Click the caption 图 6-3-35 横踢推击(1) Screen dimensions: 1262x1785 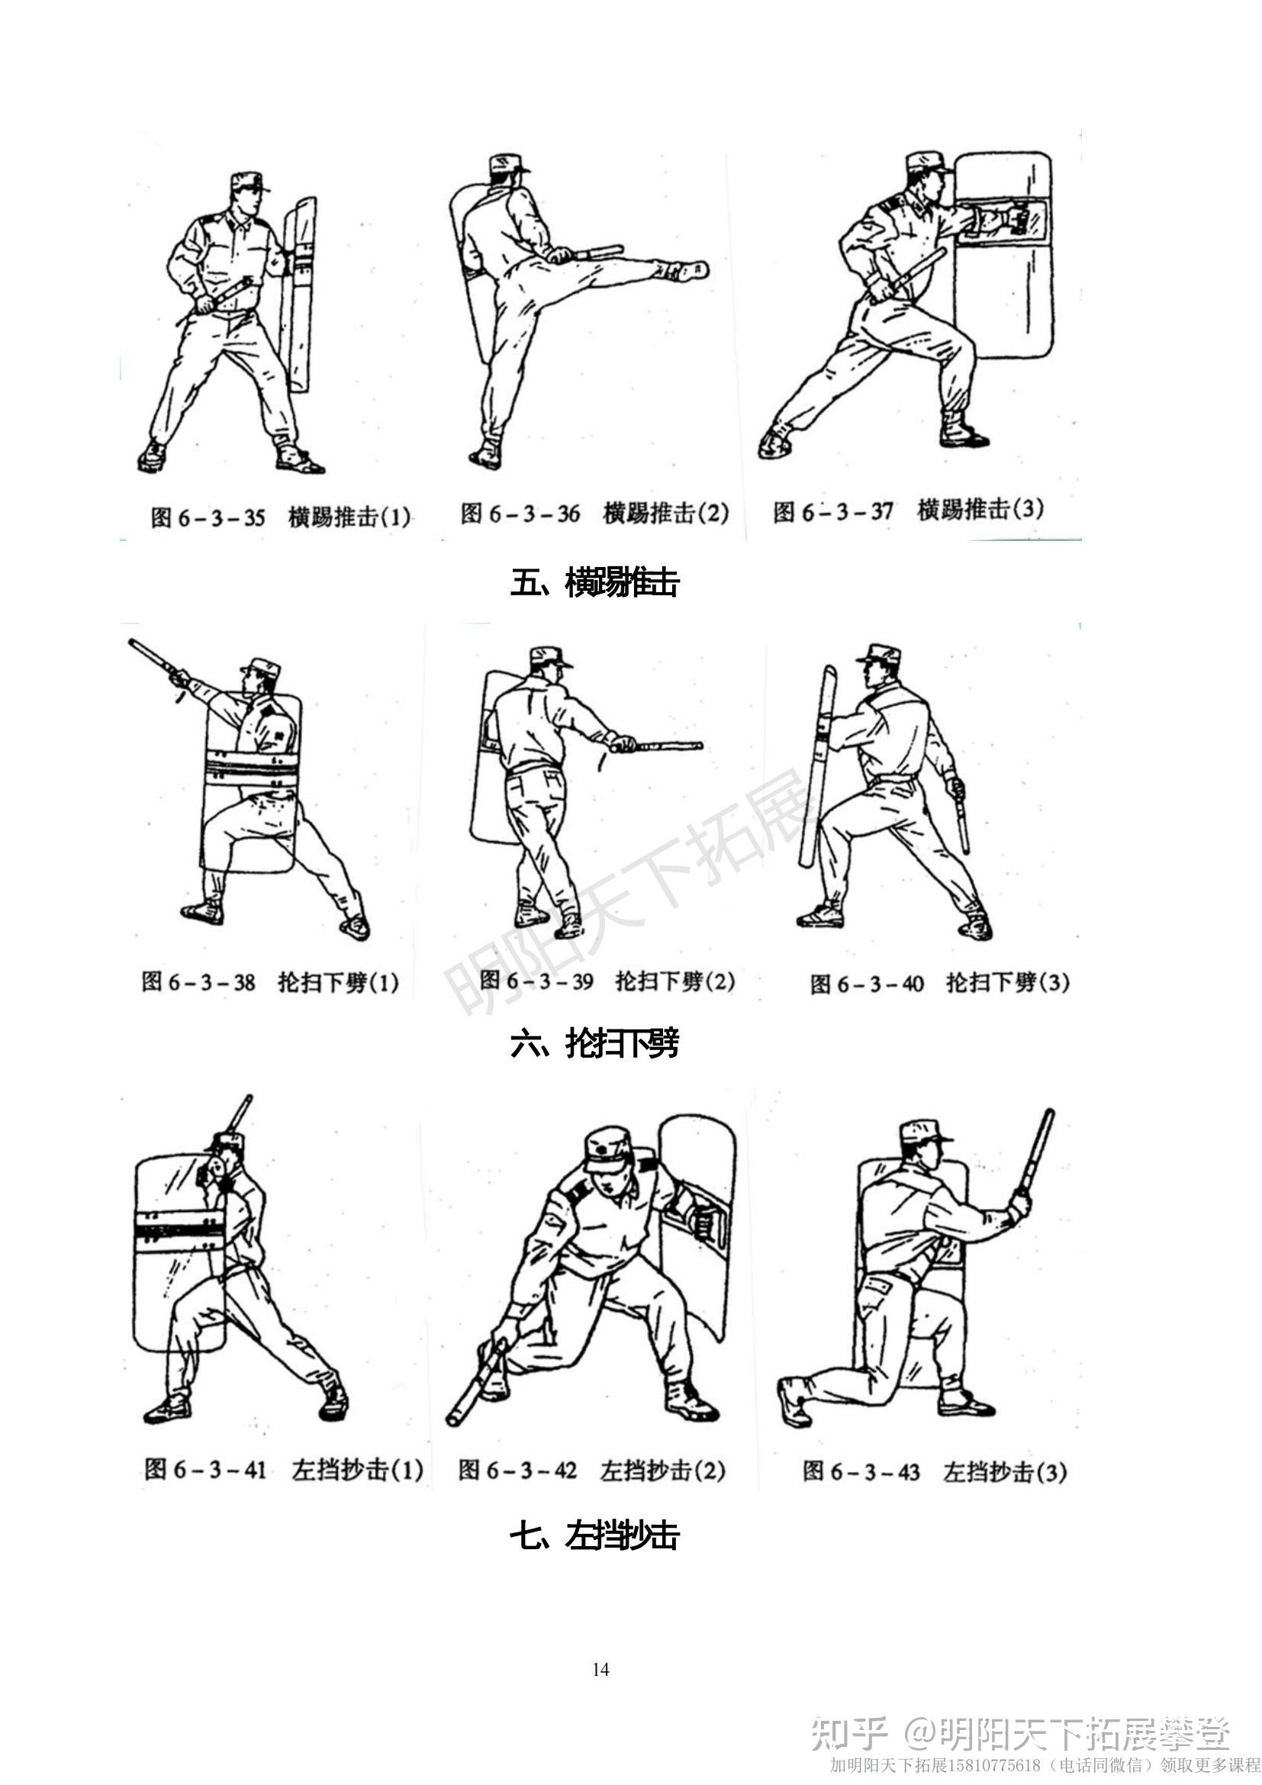point(281,517)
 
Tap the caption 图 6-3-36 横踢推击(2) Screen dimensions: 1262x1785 point(594,513)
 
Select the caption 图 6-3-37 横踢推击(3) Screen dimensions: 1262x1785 point(908,511)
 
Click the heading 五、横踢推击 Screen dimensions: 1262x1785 point(594,583)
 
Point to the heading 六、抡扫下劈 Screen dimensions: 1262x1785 point(594,1043)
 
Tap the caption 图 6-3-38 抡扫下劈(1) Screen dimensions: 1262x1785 point(269,983)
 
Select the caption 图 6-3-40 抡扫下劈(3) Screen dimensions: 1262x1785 point(939,984)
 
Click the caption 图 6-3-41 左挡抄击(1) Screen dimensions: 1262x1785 point(284,1469)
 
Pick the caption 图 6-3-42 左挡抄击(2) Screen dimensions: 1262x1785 point(591,1470)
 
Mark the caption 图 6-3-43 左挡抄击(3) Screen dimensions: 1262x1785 point(935,1471)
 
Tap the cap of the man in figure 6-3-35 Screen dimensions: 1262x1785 point(250,182)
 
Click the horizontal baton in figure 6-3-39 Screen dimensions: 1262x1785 point(657,746)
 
